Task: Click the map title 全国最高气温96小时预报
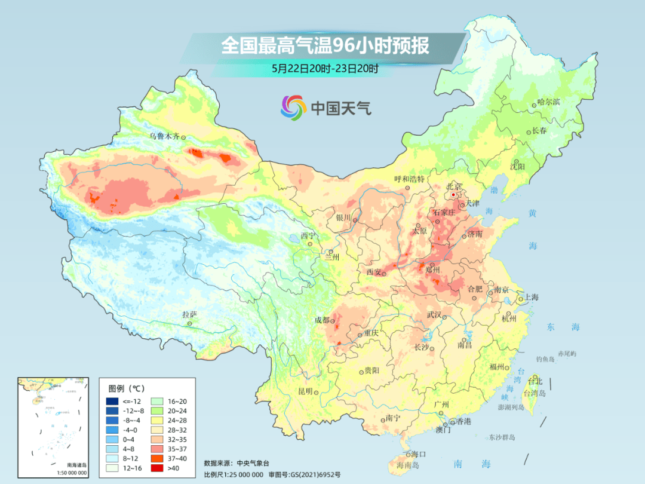(325, 46)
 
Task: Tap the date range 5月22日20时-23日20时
(325, 69)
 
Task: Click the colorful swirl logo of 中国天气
(293, 107)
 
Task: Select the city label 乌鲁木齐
(164, 136)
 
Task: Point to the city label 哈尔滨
(548, 102)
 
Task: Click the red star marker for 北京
(454, 194)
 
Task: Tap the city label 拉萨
(189, 314)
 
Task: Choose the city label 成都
(322, 320)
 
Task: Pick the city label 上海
(531, 298)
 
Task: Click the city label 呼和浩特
(409, 179)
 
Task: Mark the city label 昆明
(305, 391)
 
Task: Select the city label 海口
(419, 455)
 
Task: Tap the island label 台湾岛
(535, 393)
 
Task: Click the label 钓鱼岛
(546, 359)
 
